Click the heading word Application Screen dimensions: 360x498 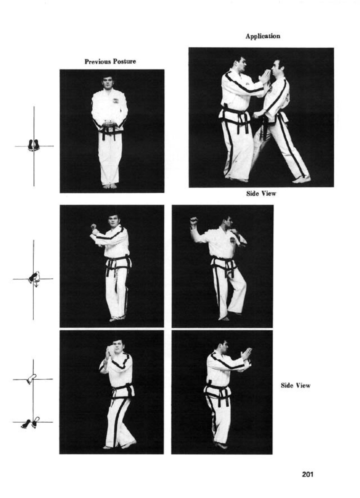click(263, 36)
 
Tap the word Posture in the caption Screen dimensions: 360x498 click(124, 61)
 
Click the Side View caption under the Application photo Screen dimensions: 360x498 click(261, 194)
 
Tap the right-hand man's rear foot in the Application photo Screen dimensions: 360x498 click(302, 179)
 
